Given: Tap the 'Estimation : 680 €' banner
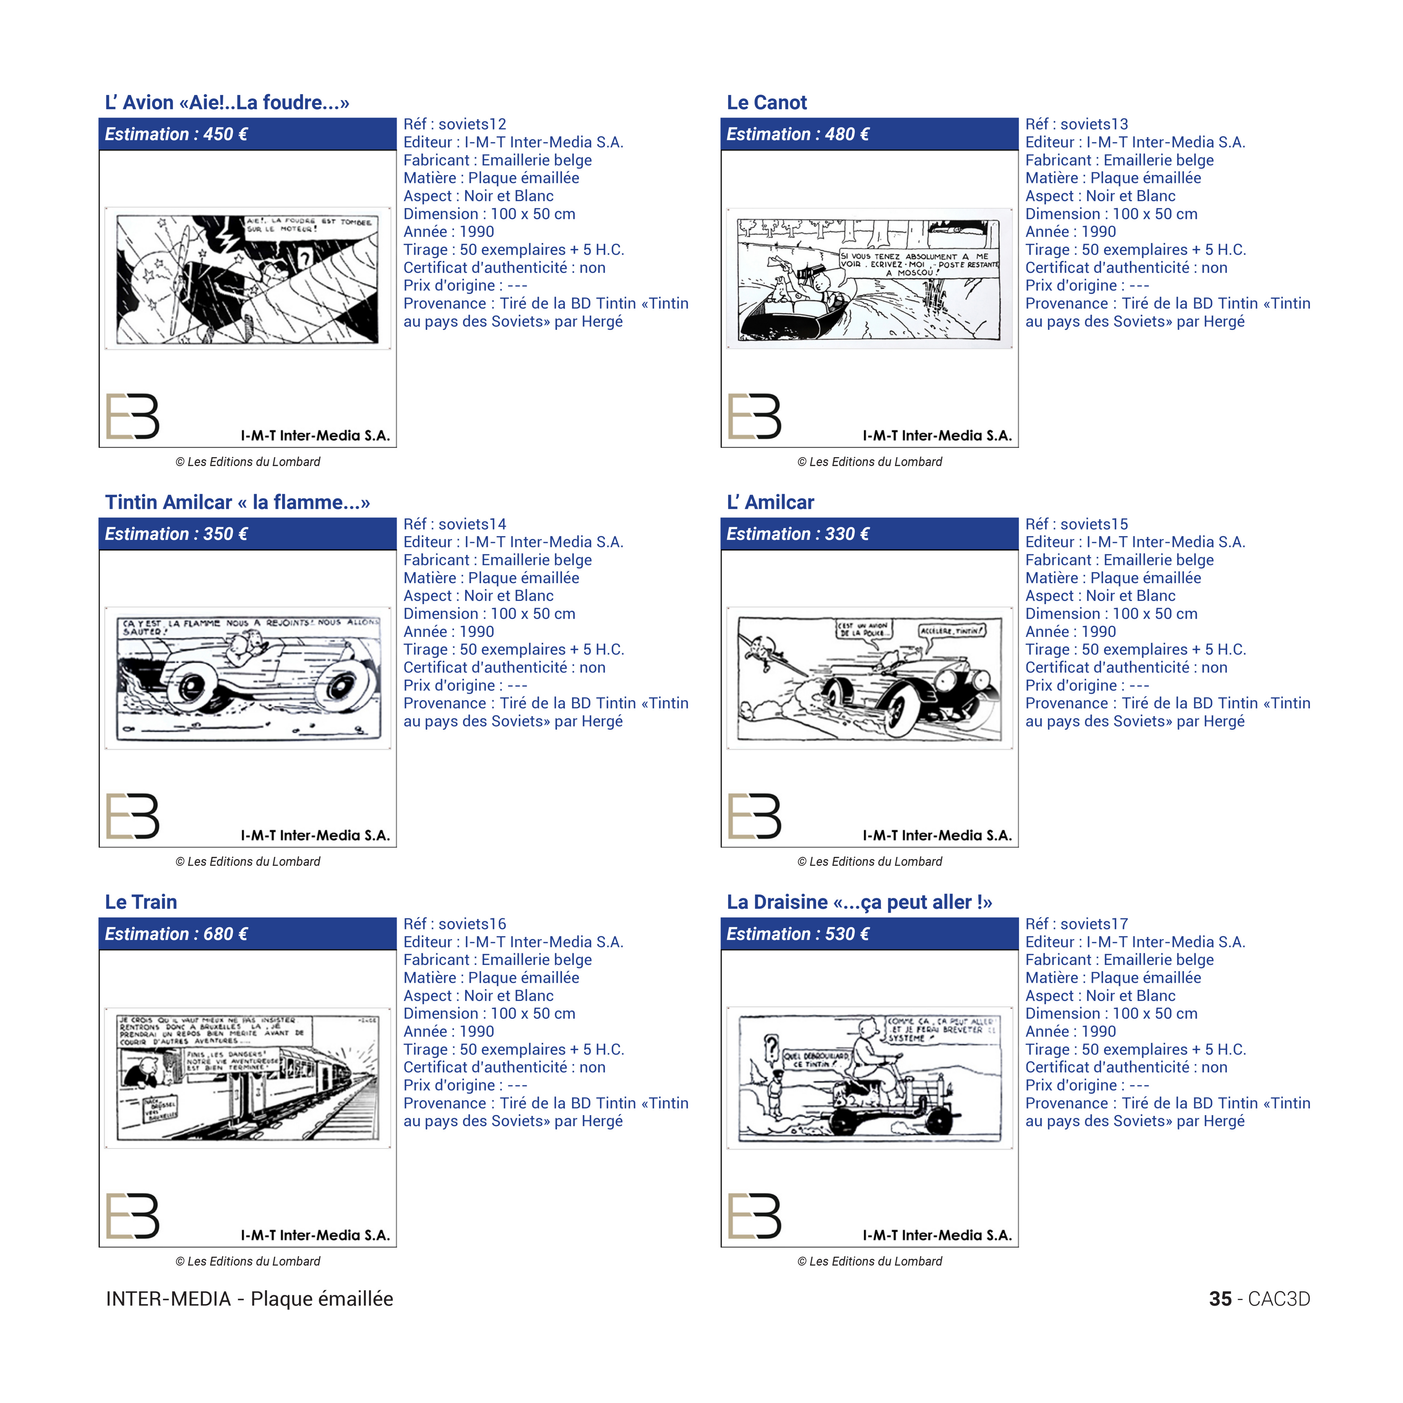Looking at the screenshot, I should tap(248, 934).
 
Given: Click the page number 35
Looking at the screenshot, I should tap(1220, 1299).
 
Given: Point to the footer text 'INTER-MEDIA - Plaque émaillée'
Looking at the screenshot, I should tap(249, 1299).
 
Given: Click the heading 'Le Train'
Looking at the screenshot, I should tap(141, 902).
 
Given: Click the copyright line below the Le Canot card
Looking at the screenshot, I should tap(869, 462).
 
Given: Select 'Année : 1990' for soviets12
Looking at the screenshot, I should tap(449, 232).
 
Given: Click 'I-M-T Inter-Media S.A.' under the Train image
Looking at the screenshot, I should tap(315, 1235).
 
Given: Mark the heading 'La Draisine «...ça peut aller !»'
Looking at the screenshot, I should tap(859, 902).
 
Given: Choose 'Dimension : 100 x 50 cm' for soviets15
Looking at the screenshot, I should tap(1111, 614).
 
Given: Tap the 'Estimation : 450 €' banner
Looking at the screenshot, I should tap(248, 134).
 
